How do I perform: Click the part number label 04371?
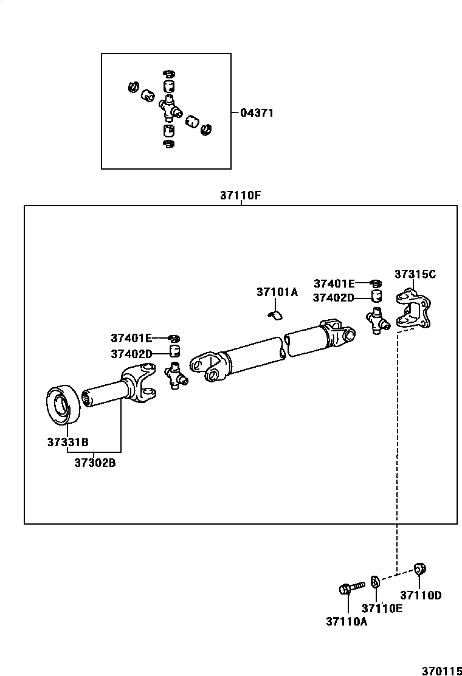(x=257, y=113)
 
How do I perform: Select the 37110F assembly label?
(x=241, y=195)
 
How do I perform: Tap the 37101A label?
(x=277, y=292)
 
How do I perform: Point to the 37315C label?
(x=415, y=274)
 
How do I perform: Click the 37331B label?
(x=67, y=442)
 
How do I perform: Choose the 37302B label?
(x=95, y=463)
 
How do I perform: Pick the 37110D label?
(x=421, y=595)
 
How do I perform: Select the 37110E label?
(x=382, y=609)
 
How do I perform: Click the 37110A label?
(x=347, y=621)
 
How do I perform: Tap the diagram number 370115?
(x=442, y=671)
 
